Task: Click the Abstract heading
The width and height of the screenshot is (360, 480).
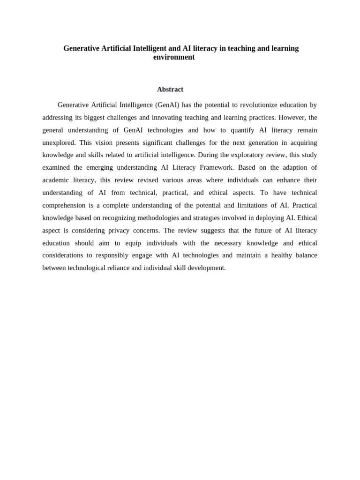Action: tap(170, 90)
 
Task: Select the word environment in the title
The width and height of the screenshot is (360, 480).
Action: tap(174, 57)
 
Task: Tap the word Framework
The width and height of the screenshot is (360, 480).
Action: tap(217, 167)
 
